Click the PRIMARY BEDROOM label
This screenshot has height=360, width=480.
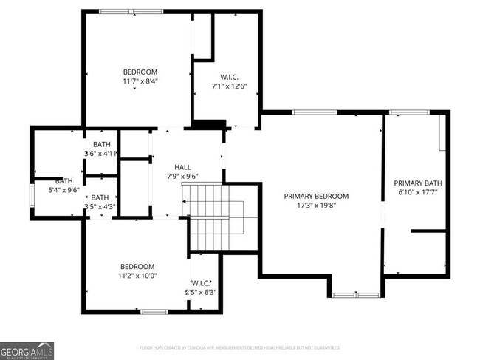[316, 196]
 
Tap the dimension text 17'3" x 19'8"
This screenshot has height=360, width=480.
[316, 206]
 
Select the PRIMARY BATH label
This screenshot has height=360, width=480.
[417, 183]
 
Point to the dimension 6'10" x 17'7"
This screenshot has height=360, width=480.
[417, 193]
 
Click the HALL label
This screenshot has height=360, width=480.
[183, 166]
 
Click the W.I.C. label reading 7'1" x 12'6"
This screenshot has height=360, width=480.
[229, 76]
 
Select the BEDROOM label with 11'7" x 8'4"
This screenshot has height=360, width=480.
[140, 72]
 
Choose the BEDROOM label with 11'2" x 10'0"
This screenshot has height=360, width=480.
[137, 266]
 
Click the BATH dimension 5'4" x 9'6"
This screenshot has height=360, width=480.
[64, 190]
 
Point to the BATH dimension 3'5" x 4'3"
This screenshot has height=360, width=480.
[100, 207]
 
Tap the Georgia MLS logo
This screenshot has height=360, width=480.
[27, 350]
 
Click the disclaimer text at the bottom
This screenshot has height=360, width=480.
[239, 347]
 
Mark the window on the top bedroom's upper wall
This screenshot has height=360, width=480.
[122, 11]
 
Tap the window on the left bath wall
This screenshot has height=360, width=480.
[31, 195]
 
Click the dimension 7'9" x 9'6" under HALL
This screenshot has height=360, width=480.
[183, 177]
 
